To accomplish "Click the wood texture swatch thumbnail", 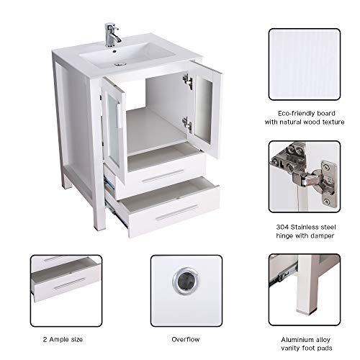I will point(303,65).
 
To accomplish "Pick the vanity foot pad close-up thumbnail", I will point(303,284).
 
